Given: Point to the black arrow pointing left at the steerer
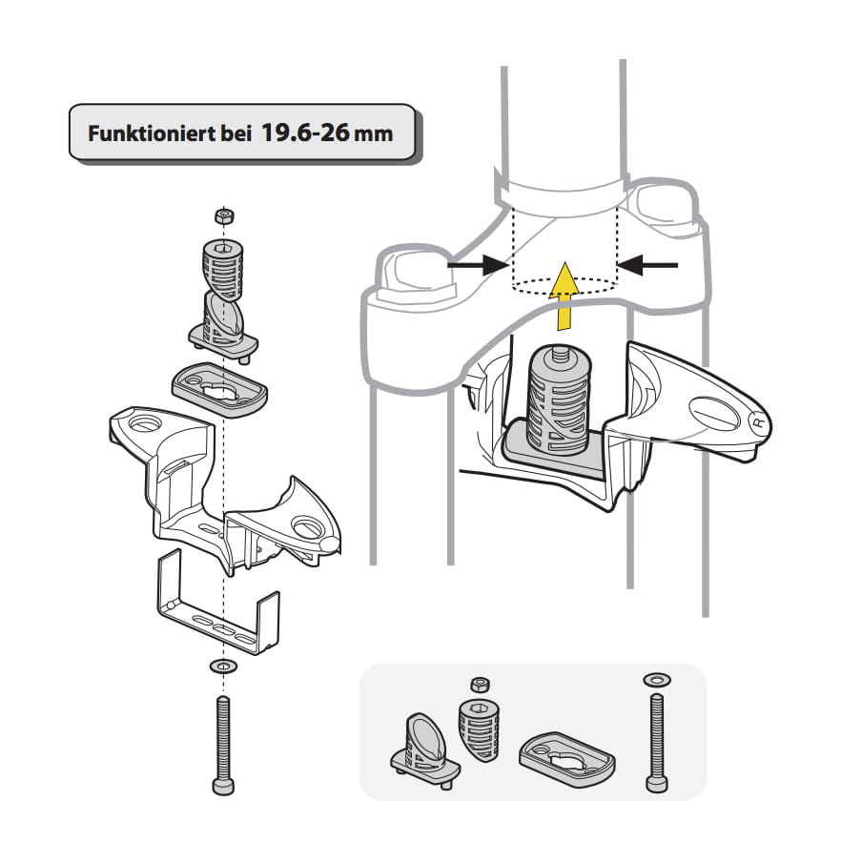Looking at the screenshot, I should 647,263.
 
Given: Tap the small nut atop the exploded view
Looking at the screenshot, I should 224,216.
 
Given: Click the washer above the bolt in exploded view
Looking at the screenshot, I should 223,665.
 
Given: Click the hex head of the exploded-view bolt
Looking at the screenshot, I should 223,784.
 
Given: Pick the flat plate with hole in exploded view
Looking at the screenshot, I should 218,386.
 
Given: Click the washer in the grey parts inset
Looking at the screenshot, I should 657,679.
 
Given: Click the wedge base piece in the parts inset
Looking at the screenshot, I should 423,748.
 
